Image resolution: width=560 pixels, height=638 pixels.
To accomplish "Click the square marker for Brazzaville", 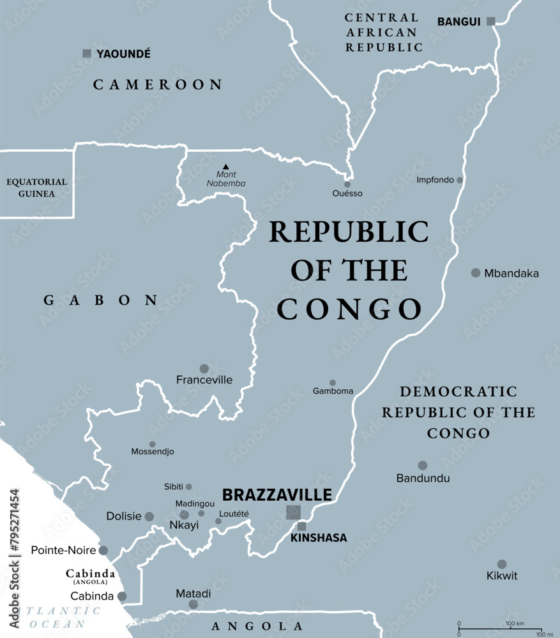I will coord(293,512).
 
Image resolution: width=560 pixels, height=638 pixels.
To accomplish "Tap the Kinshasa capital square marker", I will coord(302,526).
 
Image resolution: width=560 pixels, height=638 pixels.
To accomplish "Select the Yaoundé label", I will coord(123,54).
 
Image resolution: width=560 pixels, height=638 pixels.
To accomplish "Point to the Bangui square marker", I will coord(490,21).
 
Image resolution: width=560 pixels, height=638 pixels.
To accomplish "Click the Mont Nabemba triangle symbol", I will coord(225,167).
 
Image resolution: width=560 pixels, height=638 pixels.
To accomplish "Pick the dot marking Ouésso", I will coord(347,184).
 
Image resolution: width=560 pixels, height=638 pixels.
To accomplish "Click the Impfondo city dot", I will coord(460,180).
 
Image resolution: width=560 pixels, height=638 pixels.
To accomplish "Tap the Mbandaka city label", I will coord(511,274).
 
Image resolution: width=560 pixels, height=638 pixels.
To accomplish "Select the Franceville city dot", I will coord(204,368).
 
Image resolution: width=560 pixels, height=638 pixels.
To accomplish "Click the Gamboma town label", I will coord(333,391).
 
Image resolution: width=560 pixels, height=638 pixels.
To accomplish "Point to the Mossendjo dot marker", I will coord(152,444).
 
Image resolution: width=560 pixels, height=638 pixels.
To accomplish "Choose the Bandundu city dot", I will coord(423,465).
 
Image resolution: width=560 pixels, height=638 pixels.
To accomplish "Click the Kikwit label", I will coord(501,576).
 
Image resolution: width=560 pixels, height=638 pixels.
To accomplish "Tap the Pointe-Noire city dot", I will coord(103,550).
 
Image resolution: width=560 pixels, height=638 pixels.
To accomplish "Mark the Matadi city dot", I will coord(193,604).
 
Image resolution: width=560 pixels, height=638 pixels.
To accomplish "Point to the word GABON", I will coord(100,300).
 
